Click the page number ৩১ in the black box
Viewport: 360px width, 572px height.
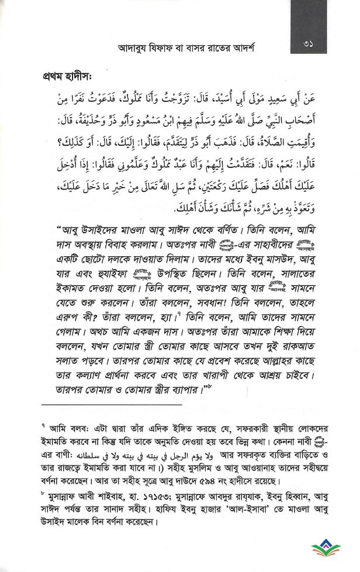point(311,45)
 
